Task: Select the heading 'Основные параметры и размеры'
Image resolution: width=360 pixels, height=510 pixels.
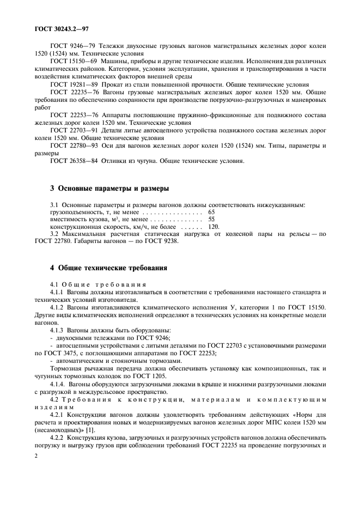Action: [109, 189]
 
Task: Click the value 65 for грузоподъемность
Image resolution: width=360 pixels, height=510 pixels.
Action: [211, 211]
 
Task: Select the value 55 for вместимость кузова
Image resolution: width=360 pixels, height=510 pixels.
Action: [211, 219]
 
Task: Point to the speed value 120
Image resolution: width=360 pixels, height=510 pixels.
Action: [213, 227]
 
